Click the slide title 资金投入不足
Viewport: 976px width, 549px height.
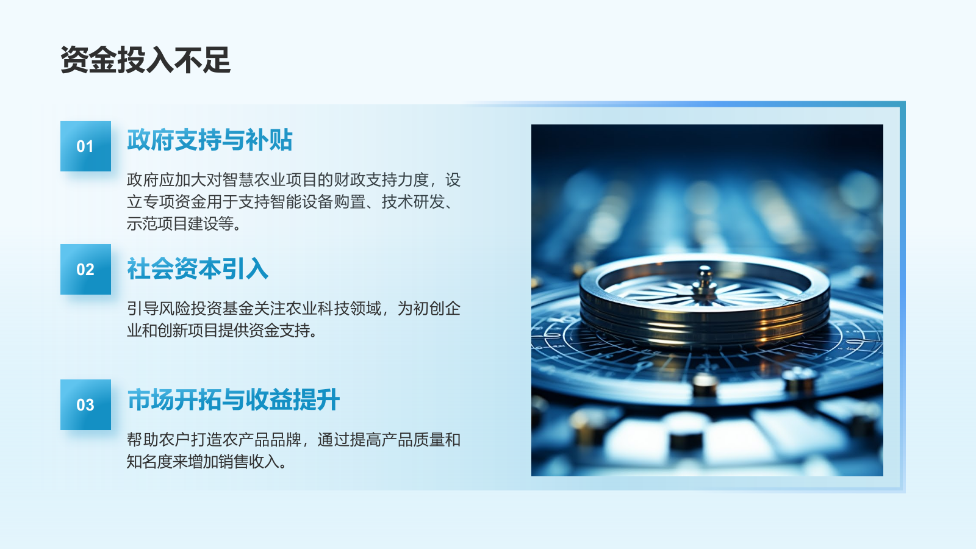[146, 60]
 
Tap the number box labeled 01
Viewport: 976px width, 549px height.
[85, 146]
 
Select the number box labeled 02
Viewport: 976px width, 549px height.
[85, 269]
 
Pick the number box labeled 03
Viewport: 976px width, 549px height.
[85, 405]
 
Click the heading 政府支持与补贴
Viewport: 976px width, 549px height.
[210, 140]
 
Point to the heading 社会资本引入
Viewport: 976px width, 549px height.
[198, 268]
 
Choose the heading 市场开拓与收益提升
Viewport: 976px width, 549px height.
[234, 400]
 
